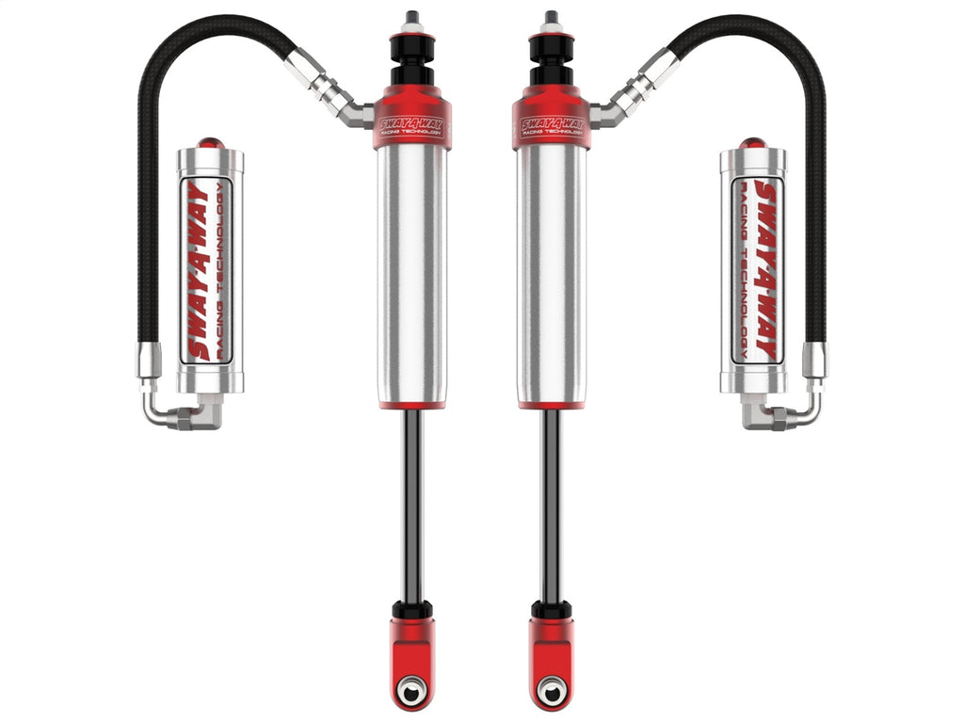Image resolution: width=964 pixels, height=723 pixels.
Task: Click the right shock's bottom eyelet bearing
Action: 551,692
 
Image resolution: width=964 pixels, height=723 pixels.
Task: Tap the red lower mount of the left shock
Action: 412,650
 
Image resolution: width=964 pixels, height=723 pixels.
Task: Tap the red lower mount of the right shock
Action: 551,650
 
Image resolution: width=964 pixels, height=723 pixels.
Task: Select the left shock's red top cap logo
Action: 412,124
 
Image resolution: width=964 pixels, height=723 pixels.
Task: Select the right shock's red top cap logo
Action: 551,124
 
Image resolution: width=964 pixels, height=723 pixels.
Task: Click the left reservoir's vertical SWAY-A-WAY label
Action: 200,270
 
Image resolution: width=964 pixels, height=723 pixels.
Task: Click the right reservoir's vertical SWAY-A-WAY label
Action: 763,270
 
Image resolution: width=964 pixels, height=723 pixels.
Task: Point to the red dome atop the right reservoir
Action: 752,143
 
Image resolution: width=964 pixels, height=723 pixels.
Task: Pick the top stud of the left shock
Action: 412,21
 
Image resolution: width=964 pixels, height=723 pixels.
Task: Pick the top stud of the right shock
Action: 551,21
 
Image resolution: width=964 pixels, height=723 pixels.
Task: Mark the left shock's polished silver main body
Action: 412,273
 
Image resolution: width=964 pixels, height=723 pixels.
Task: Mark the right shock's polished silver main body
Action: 551,273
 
